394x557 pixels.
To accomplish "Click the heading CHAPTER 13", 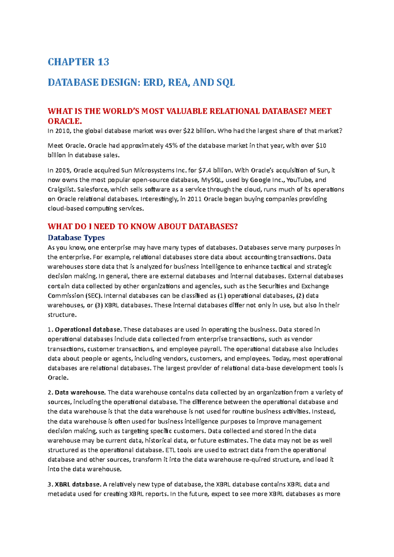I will pos(78,62).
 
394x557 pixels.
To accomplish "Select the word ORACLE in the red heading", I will pos(64,121).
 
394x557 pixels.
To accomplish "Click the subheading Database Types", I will pos(76,237).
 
